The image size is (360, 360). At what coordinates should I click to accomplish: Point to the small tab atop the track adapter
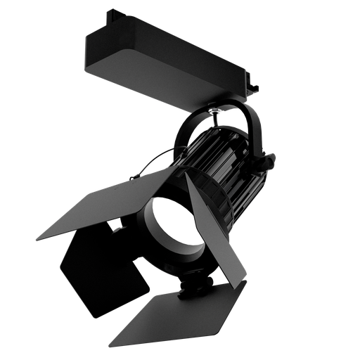click(x=112, y=15)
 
